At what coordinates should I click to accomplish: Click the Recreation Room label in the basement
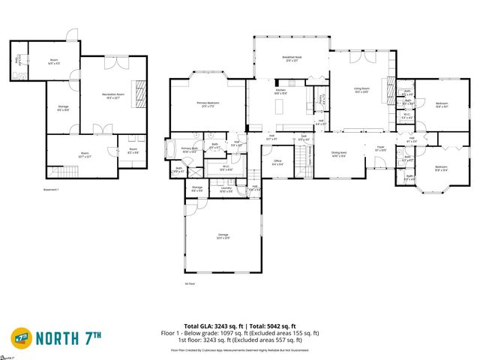pos(113,94)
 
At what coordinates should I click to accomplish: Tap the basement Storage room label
pos(64,109)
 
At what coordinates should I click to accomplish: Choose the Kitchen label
pos(281,92)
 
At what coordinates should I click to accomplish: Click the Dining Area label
pos(338,156)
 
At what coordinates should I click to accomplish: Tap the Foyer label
pos(380,149)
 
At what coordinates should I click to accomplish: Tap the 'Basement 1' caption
pos(52,190)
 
